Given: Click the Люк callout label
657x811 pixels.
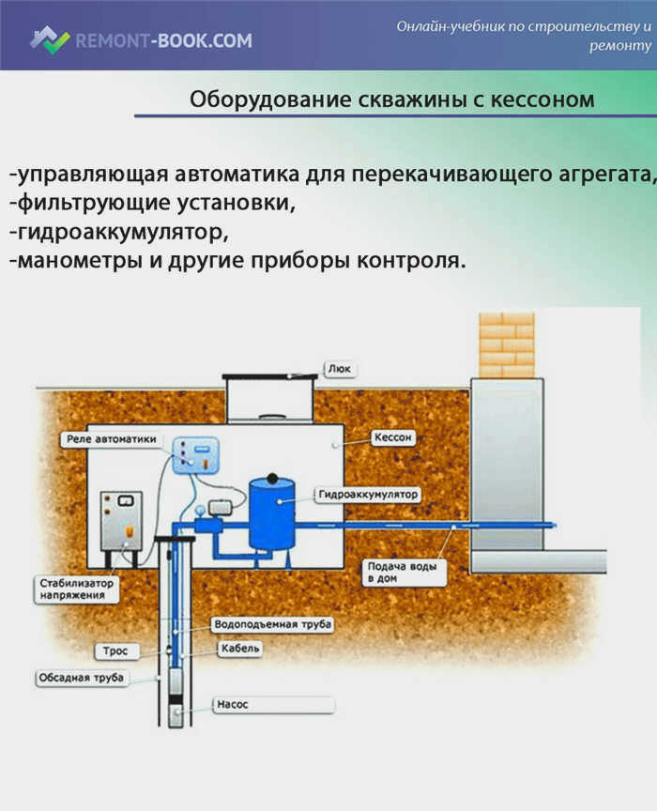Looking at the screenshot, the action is click(340, 369).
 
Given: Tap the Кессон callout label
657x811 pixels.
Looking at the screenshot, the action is click(393, 437).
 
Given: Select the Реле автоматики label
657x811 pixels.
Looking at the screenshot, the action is click(112, 439).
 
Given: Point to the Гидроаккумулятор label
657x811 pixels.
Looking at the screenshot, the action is click(368, 495).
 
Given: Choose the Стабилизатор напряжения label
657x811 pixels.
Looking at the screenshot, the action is click(77, 589).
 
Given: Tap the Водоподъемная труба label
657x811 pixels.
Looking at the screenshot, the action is click(272, 624).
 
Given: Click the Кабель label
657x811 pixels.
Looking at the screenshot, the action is click(240, 649).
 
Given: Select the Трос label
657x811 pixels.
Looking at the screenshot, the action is click(115, 651).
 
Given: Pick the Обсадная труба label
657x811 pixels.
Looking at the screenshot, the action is click(82, 678).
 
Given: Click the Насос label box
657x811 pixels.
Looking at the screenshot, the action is click(274, 704).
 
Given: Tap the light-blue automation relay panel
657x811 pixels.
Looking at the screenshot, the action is click(195, 455).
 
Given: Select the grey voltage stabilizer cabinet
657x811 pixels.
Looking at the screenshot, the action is click(122, 521).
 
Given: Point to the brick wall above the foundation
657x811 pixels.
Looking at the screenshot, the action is click(507, 345).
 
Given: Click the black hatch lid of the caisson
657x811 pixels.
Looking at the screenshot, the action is click(270, 376).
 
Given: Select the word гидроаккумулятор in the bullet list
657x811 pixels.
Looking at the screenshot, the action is click(119, 232).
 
